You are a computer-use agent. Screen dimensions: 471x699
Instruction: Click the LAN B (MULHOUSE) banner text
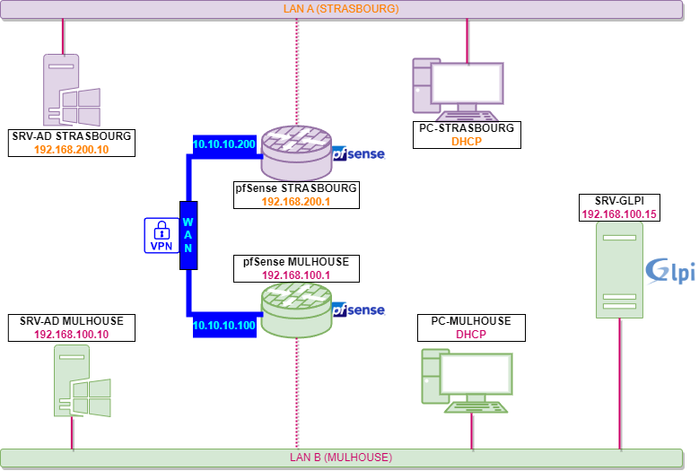[x=341, y=458]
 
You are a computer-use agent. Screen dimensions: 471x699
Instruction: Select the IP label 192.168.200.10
[x=77, y=150]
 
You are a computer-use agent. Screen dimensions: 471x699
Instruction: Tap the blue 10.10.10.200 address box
[x=224, y=144]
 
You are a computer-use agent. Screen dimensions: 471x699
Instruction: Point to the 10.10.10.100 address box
[x=224, y=325]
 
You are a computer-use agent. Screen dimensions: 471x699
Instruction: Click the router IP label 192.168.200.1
[x=296, y=202]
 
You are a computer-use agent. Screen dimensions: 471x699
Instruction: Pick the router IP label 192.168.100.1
[x=296, y=275]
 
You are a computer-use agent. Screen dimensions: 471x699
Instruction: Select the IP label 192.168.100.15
[x=619, y=214]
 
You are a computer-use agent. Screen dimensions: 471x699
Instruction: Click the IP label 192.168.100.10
[x=71, y=335]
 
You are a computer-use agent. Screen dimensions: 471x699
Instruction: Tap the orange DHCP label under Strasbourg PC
[x=467, y=142]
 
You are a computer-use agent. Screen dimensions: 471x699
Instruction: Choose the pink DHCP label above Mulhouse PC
[x=470, y=335]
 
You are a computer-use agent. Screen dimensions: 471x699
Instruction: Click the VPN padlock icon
[x=162, y=235]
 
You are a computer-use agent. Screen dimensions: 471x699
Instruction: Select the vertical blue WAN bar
[x=188, y=235]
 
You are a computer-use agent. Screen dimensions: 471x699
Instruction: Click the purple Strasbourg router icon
[x=296, y=153]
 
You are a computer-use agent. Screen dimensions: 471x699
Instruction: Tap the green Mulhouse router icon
[x=296, y=310]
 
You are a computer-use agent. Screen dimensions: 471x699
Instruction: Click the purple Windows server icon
[x=71, y=91]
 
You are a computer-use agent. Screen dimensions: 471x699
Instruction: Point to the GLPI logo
[x=670, y=271]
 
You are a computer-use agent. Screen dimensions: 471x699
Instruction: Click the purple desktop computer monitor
[x=467, y=84]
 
